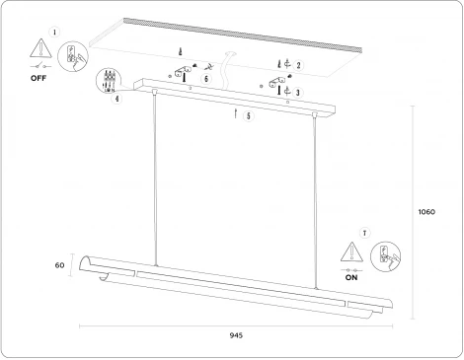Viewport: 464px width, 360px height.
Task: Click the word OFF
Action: pyautogui.click(x=39, y=78)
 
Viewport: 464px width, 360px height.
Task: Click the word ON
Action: pyautogui.click(x=351, y=277)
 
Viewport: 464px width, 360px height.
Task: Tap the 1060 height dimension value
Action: pyautogui.click(x=426, y=212)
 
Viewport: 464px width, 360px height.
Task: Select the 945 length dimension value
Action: pyautogui.click(x=236, y=335)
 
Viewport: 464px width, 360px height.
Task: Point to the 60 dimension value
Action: pyautogui.click(x=59, y=265)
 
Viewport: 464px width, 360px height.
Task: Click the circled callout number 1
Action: pyautogui.click(x=54, y=33)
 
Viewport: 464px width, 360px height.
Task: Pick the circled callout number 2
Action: pyautogui.click(x=298, y=65)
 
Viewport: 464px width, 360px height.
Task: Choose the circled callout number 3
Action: pyautogui.click(x=298, y=93)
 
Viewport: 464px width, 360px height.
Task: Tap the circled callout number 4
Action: pyautogui.click(x=117, y=99)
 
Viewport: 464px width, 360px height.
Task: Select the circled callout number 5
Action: pyautogui.click(x=249, y=115)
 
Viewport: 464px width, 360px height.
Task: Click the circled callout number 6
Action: pyautogui.click(x=206, y=79)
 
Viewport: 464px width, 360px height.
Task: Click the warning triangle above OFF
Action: pyautogui.click(x=40, y=48)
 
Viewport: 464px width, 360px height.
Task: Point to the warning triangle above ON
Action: pyautogui.click(x=351, y=252)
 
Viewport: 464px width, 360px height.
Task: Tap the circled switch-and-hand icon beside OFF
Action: pyautogui.click(x=73, y=56)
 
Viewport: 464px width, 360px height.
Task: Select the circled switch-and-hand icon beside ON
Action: pyautogui.click(x=385, y=256)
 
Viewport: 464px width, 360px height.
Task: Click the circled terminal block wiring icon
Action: pyautogui.click(x=109, y=81)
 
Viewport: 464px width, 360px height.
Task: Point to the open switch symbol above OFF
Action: pyautogui.click(x=40, y=67)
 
